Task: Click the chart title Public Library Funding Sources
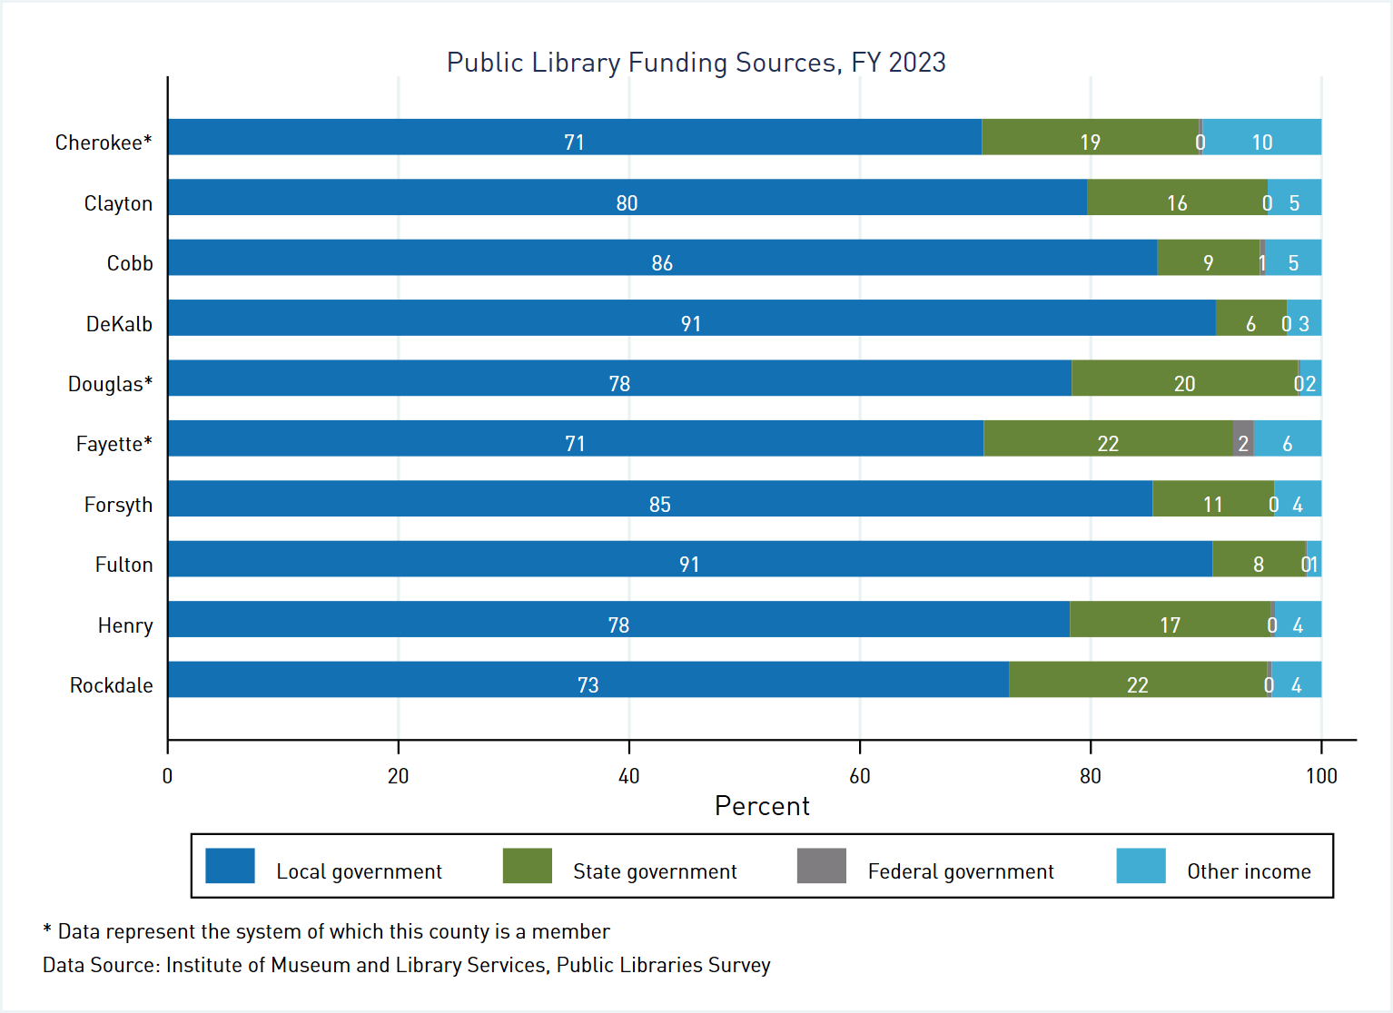(696, 63)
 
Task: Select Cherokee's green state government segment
(1090, 137)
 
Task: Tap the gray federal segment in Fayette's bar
(1242, 438)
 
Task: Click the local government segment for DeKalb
(691, 318)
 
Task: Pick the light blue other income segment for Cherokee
(1261, 137)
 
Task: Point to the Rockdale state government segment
(1137, 679)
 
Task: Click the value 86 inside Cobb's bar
(662, 263)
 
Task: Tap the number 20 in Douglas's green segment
(1184, 384)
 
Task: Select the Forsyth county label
(118, 505)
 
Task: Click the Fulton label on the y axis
(123, 565)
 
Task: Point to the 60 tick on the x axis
(859, 776)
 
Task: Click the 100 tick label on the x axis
(1321, 776)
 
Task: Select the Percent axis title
(761, 806)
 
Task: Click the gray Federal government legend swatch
(821, 866)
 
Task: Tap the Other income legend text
(1249, 871)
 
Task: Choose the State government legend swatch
(527, 866)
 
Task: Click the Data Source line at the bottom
(406, 965)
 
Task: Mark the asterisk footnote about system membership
(326, 931)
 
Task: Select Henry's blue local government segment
(617, 619)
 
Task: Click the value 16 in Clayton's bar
(1177, 203)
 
